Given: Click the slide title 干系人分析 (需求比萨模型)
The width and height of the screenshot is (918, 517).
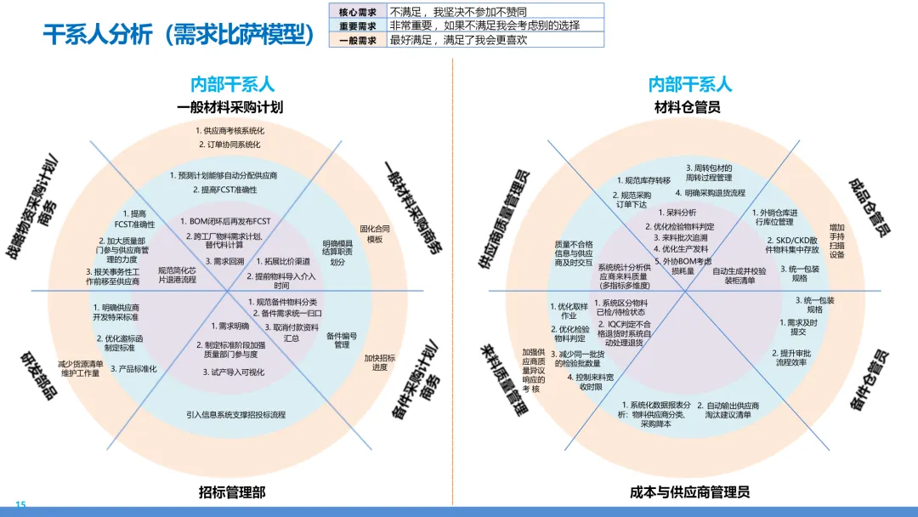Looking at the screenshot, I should [x=174, y=34].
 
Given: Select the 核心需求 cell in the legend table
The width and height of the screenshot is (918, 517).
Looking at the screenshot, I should [x=357, y=12].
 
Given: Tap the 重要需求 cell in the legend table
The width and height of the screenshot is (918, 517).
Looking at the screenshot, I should [x=357, y=26].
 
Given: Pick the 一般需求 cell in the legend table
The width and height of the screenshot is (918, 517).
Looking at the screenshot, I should [x=357, y=40].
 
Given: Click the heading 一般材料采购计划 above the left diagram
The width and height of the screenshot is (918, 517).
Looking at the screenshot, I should [x=230, y=107].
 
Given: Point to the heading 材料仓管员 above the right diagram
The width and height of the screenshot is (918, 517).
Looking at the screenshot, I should [x=688, y=107].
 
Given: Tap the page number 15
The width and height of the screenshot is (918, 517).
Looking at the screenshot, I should [x=21, y=505].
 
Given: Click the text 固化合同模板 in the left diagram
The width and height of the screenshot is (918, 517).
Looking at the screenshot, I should [x=375, y=234].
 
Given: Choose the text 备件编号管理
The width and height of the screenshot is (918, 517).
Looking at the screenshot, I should [x=342, y=340].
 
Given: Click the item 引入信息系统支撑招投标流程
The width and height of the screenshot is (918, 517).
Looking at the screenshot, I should [x=236, y=415].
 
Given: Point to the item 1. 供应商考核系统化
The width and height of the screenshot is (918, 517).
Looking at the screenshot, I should [x=229, y=131].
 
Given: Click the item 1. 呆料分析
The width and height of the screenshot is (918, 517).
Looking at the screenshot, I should [x=677, y=213].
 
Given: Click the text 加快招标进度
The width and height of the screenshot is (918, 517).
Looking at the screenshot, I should [x=380, y=362].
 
